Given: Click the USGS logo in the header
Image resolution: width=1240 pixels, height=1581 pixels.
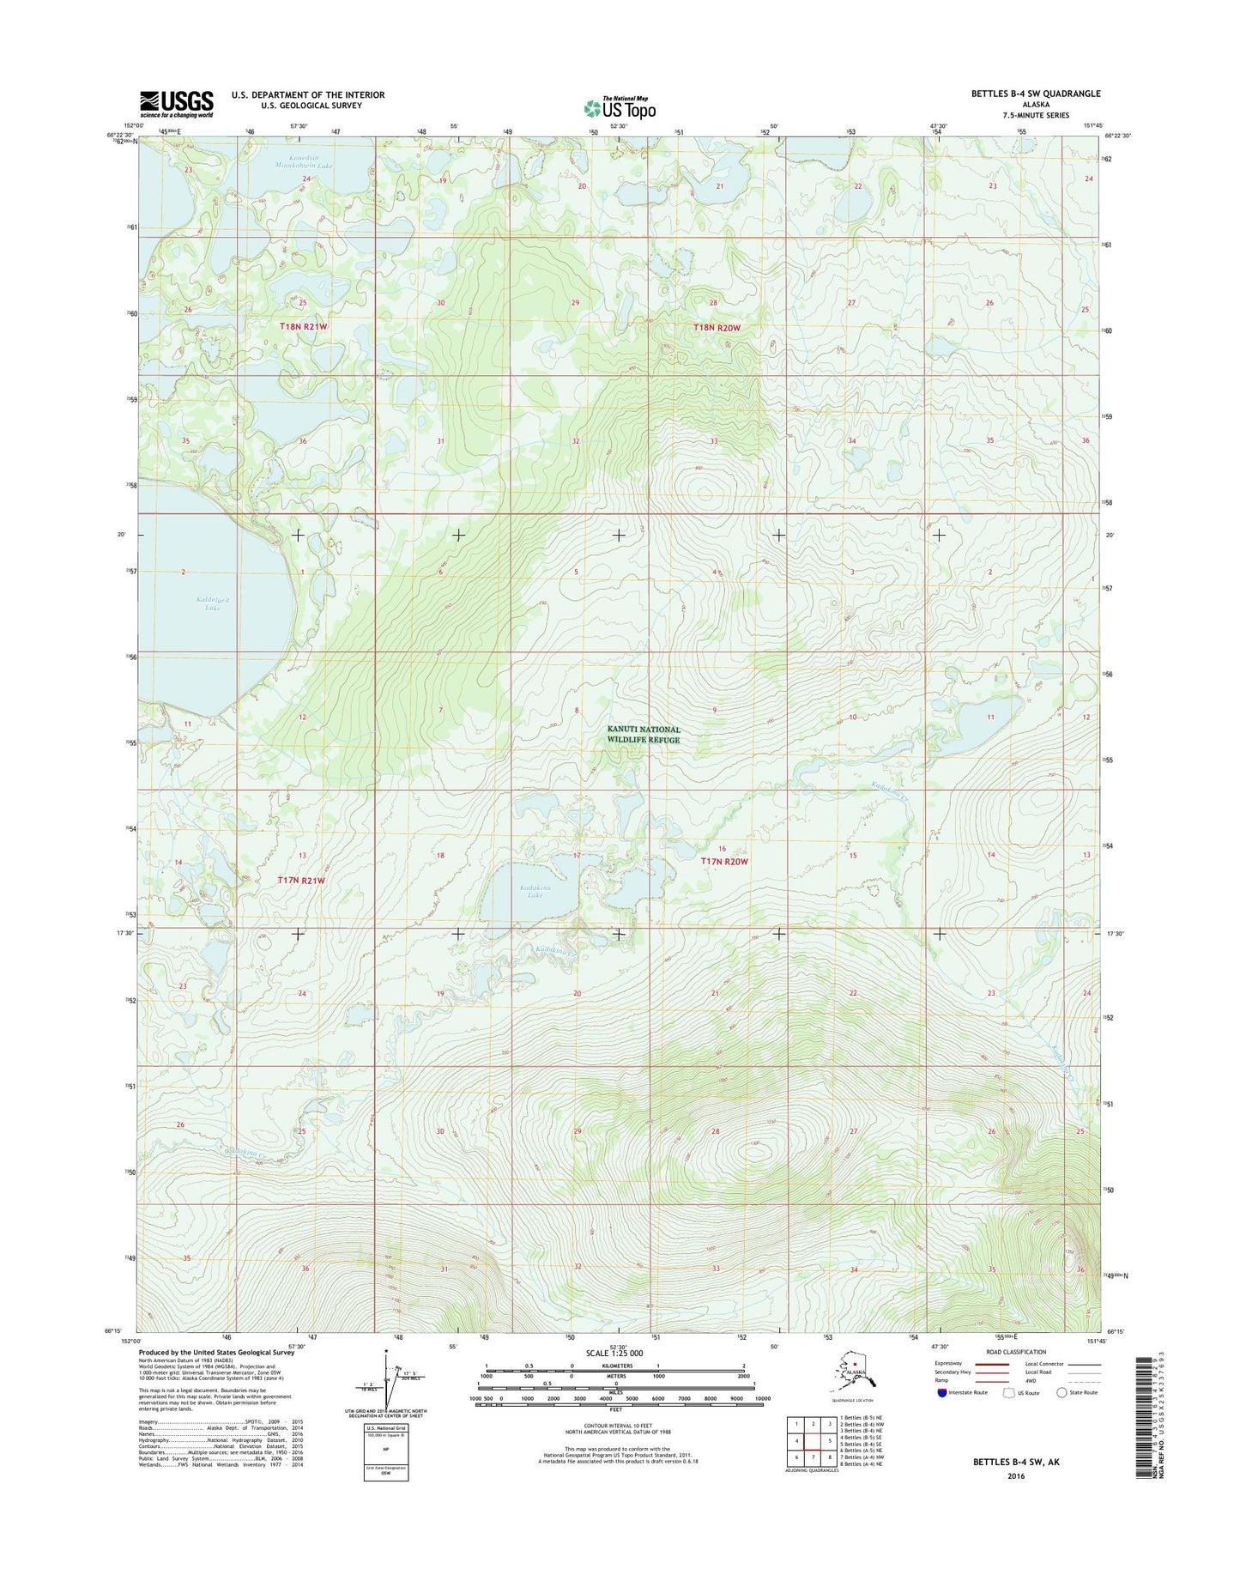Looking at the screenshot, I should coord(176,104).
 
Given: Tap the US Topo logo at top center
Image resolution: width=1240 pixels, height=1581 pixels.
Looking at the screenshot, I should coord(620,109).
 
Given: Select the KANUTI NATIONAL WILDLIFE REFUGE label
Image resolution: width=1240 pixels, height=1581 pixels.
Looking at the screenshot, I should coord(644,735).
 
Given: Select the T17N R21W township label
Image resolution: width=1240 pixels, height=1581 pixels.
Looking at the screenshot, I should coord(302,881).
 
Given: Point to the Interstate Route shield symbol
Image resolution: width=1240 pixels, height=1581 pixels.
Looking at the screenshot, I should coord(941,1393).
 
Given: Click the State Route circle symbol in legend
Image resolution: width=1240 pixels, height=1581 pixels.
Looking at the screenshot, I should coord(1062,1393).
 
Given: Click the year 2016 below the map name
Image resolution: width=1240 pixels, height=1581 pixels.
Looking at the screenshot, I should coord(1016,1476).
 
